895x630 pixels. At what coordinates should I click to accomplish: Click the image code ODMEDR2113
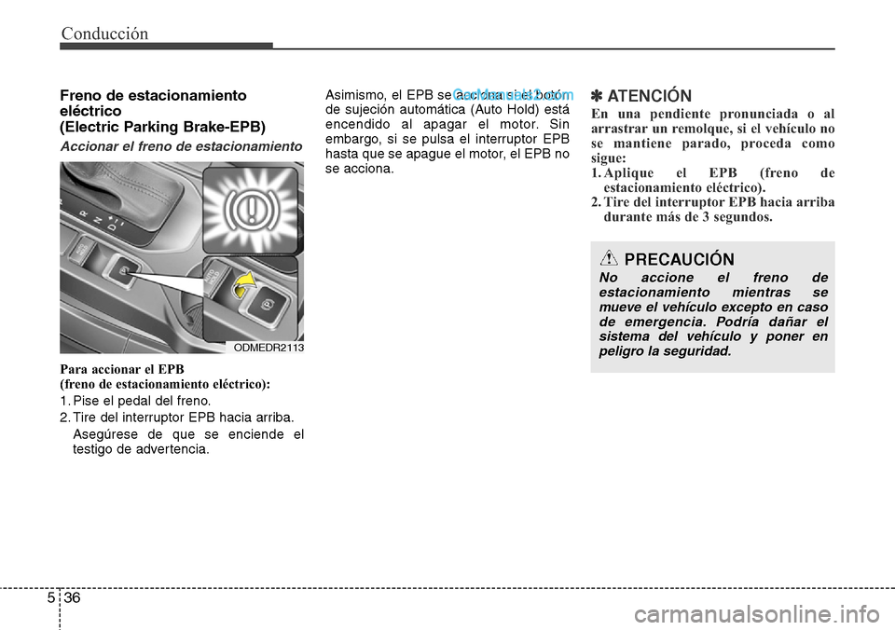268,347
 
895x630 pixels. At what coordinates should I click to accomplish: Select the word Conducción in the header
104,34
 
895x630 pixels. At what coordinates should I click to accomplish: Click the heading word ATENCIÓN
649,96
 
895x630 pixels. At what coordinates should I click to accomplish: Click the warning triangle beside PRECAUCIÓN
609,259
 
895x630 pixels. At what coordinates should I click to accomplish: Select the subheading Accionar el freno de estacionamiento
181,147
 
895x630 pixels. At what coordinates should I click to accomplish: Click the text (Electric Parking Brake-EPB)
162,126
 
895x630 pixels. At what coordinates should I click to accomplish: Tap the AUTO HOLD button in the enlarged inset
217,277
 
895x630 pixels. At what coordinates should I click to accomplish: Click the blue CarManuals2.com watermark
512,95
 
